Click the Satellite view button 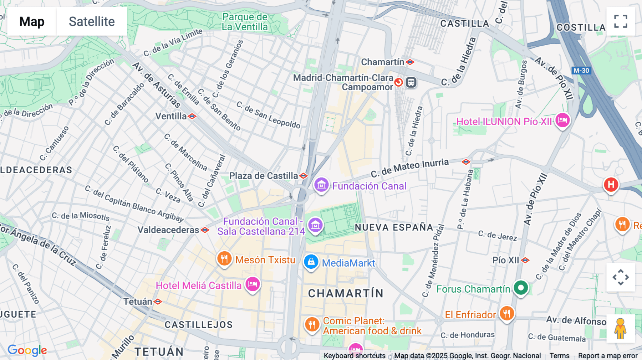(x=92, y=21)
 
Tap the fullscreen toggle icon (x=621, y=21)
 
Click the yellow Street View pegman (x=620, y=329)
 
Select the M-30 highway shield (x=581, y=71)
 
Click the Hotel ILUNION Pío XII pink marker (x=562, y=120)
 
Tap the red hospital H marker (x=611, y=185)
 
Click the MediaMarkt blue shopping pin (x=311, y=262)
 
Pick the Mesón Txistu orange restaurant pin (x=224, y=259)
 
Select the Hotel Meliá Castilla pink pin (x=253, y=284)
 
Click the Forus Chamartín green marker (x=521, y=288)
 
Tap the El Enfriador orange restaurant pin (x=506, y=314)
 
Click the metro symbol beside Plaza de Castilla (x=304, y=176)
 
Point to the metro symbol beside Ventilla (x=192, y=116)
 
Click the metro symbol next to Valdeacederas (x=205, y=230)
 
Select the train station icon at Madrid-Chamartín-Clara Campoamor (x=411, y=83)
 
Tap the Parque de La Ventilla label (x=245, y=22)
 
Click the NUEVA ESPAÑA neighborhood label (x=394, y=227)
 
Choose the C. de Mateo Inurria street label (x=409, y=168)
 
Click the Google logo (x=27, y=350)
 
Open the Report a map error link (x=607, y=356)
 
